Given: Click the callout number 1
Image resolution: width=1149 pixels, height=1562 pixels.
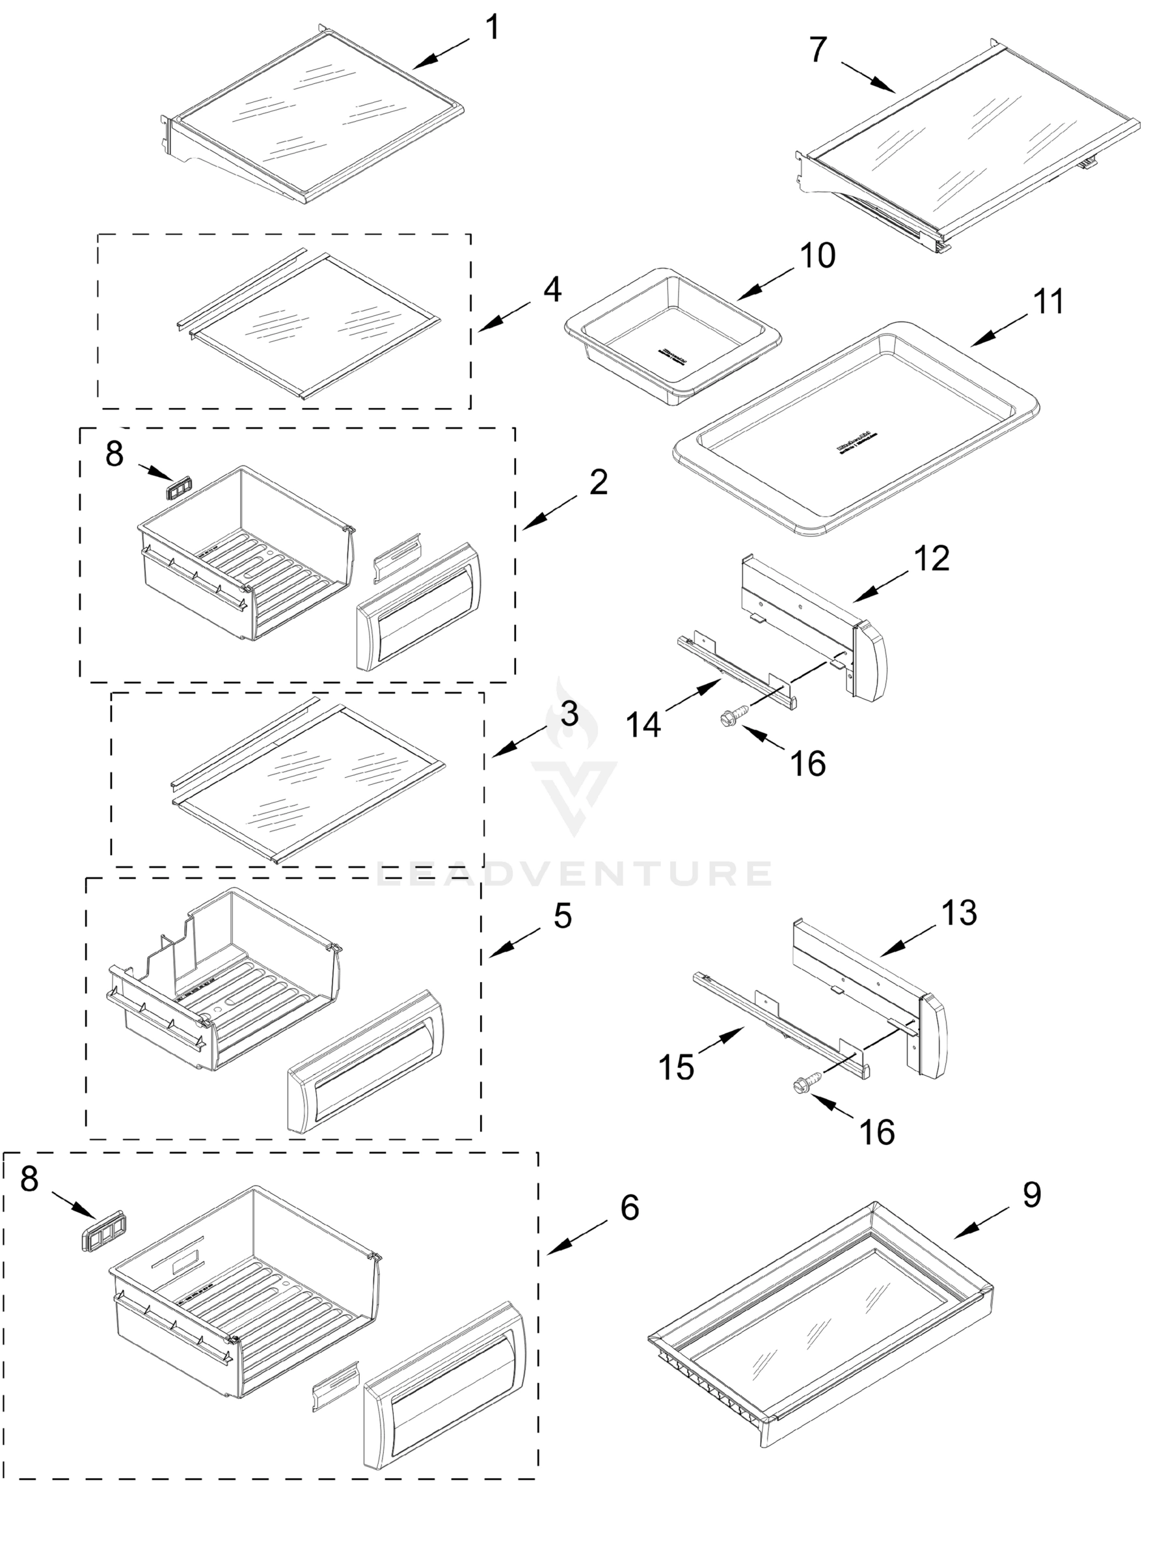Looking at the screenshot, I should pos(492,29).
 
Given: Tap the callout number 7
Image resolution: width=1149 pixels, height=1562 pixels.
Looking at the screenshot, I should pos(818,49).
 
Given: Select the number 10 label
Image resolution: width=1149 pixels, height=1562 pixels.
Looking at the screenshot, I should pos(817,256).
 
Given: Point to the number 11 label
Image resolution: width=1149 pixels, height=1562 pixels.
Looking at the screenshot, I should pos(1048,302).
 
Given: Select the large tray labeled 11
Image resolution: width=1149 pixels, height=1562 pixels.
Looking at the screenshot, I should pos(856,428).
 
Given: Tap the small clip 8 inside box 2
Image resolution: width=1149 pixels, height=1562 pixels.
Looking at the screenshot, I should pos(178,487).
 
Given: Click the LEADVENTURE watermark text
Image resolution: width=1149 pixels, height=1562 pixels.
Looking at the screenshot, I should pos(574,874).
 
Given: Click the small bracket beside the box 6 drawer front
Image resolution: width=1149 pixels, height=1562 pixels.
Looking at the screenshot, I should pos(336,1385).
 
